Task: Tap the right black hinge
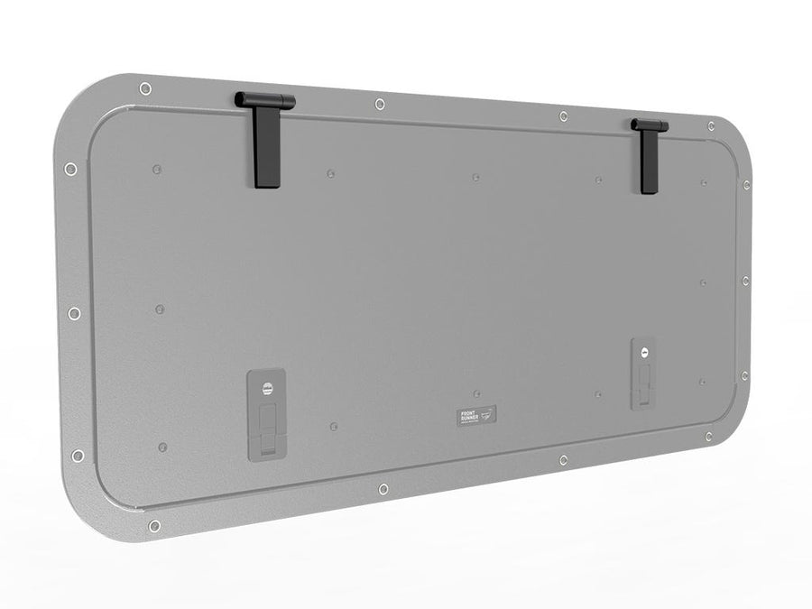[649, 154]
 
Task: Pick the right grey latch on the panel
[644, 374]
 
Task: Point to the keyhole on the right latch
[644, 352]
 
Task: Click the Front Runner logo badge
[477, 417]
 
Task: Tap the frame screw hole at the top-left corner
[145, 88]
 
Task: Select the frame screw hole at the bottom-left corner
[154, 525]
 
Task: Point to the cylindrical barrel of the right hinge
[650, 125]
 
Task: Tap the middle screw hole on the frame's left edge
[74, 313]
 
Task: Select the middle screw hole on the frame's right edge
[745, 281]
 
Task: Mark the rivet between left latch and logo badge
[334, 425]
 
